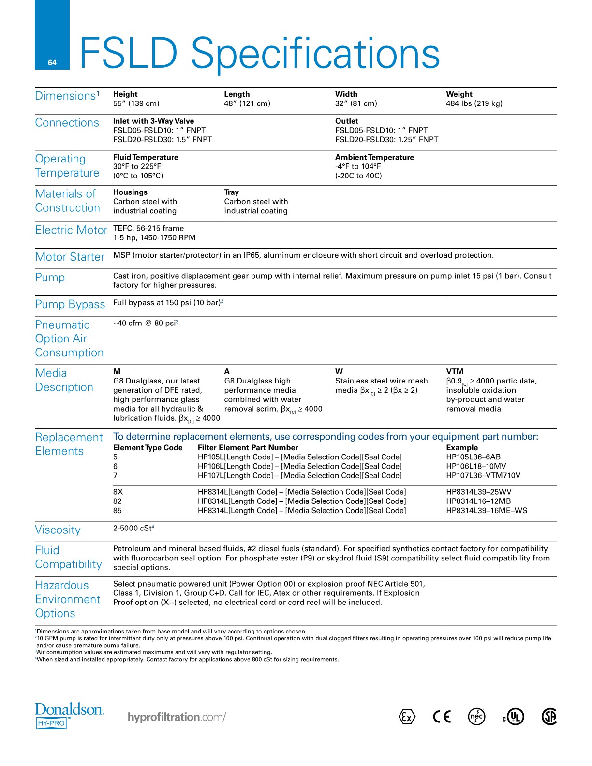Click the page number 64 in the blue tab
point(52,62)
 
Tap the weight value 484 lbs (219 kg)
point(474,103)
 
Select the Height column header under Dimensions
point(125,94)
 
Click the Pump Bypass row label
point(70,304)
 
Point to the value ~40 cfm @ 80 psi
point(145,323)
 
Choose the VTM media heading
point(455,371)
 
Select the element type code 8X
point(118,492)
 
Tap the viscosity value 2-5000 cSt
point(133,529)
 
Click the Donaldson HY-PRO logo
point(69,715)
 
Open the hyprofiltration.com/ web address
point(177,717)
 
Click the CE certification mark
point(442,717)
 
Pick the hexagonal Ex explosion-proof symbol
point(407,717)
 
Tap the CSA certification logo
point(549,717)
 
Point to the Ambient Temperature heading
point(374,157)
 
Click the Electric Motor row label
point(71,230)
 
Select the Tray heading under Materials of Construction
point(231,192)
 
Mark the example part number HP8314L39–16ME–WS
point(487,511)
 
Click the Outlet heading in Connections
point(347,121)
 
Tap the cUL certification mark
point(513,717)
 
